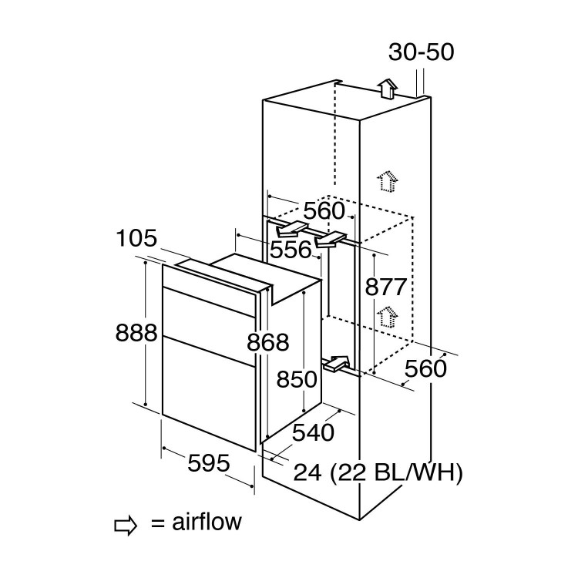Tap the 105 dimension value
pos(137,238)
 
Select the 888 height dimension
pos(136,333)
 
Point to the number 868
pos(268,342)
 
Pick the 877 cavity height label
pos(385,287)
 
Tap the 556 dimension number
pos(291,249)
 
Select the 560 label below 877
pos(425,368)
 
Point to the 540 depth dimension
pos(314,432)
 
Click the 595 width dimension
pos(209,463)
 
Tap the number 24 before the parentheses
pos(307,472)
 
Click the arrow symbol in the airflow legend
pos(126,525)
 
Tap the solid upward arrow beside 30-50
pos(388,89)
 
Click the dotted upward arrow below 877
pos(386,316)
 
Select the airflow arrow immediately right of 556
pos(332,240)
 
